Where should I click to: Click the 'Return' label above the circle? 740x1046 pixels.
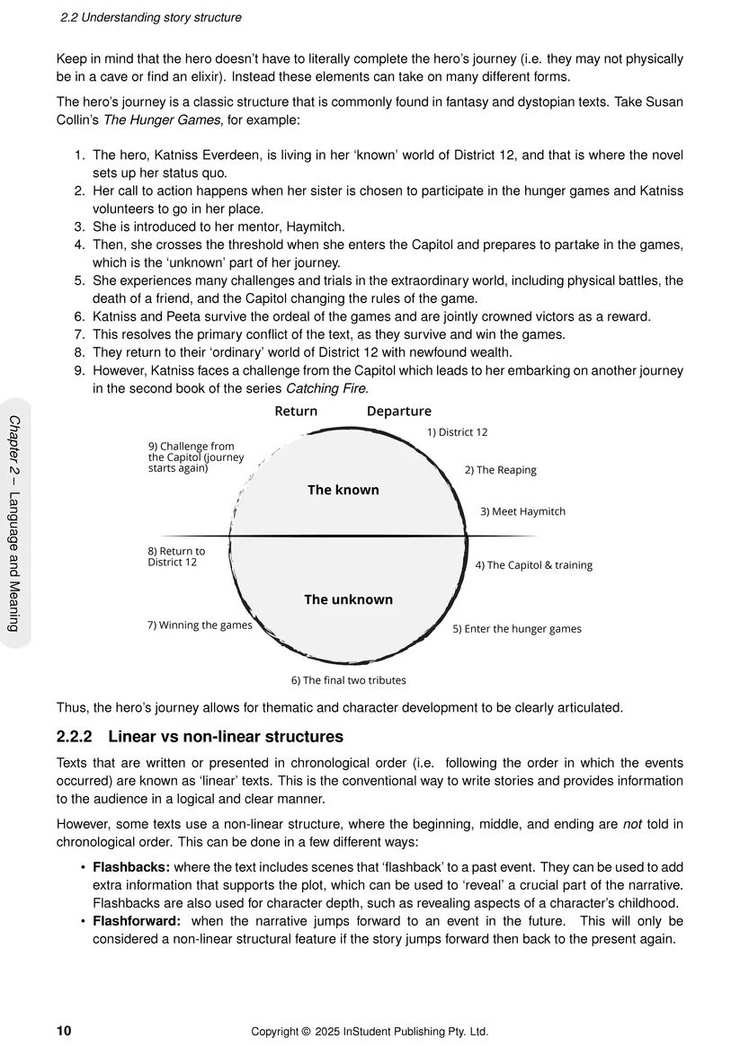[x=296, y=412]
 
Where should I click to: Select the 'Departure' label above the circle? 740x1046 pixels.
[x=398, y=412]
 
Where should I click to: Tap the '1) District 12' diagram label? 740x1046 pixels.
[x=457, y=432]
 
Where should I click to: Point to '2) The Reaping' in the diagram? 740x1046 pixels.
[x=500, y=470]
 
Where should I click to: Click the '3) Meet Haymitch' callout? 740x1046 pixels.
[x=522, y=511]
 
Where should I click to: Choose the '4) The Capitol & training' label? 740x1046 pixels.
[x=533, y=565]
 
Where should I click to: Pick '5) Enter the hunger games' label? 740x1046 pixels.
[x=516, y=629]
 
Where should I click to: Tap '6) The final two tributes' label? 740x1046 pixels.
[x=348, y=680]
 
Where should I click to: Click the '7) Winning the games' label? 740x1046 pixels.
[x=200, y=625]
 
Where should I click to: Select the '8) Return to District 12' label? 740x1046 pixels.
[x=176, y=556]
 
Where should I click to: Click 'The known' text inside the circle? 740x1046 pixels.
[x=343, y=490]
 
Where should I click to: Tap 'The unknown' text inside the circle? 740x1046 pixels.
[x=348, y=599]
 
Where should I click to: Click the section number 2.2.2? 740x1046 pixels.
[x=75, y=737]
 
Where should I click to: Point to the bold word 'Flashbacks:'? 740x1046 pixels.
[x=131, y=867]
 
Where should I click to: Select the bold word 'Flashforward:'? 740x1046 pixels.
[x=137, y=921]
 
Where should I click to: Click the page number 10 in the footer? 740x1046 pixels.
[x=64, y=1031]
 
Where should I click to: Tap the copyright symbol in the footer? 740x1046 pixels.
[x=306, y=1032]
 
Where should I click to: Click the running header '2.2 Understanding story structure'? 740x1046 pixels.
[x=150, y=17]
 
